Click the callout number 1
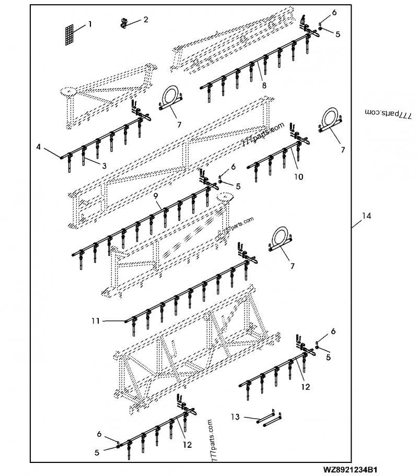click(90, 24)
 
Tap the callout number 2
click(146, 20)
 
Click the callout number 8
click(264, 85)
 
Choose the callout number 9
click(156, 195)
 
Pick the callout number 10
click(298, 177)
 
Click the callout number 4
click(39, 148)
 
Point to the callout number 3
click(104, 165)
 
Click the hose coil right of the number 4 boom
click(170, 99)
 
